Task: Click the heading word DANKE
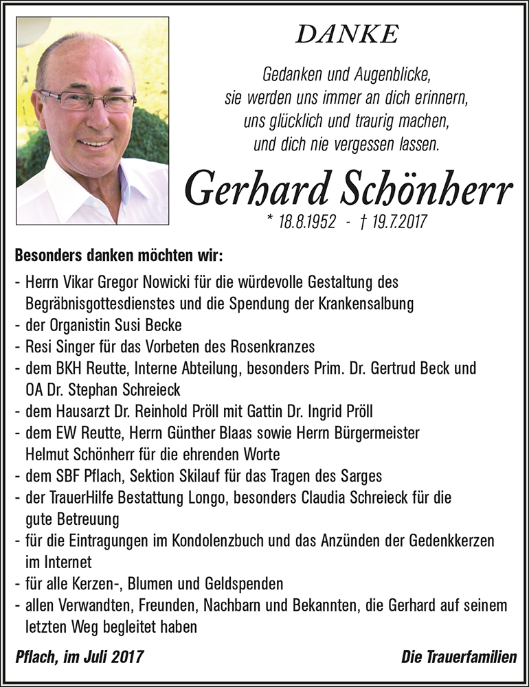(x=347, y=34)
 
